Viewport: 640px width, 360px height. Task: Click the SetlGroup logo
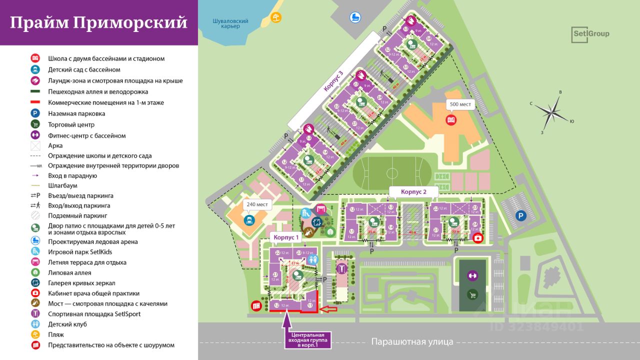click(x=590, y=34)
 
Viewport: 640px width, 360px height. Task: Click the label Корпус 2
click(x=413, y=191)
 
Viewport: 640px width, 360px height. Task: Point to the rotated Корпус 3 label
click(x=333, y=81)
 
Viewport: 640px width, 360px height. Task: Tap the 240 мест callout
click(x=256, y=204)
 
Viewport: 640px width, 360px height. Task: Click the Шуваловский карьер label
click(x=230, y=23)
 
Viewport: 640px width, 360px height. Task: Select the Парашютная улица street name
click(x=412, y=342)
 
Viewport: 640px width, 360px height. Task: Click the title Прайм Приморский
click(x=98, y=23)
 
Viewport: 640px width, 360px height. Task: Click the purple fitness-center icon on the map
click(x=472, y=275)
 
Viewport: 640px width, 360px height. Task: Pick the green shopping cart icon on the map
click(x=472, y=295)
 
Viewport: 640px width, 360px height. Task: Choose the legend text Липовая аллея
click(x=69, y=272)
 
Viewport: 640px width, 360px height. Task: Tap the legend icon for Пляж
click(x=35, y=334)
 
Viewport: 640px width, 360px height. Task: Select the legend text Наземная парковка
click(x=76, y=113)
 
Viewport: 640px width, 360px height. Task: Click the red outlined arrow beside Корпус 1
click(x=327, y=309)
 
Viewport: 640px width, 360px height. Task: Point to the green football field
click(x=391, y=173)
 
